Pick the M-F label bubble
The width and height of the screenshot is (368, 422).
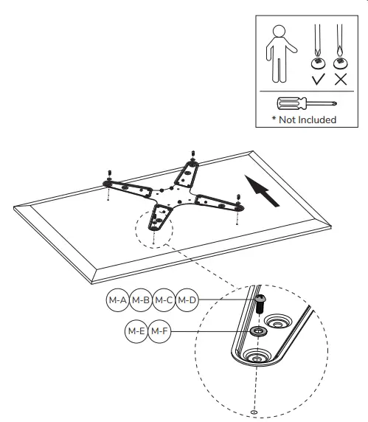point(159,331)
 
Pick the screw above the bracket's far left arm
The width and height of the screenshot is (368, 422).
point(108,175)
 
